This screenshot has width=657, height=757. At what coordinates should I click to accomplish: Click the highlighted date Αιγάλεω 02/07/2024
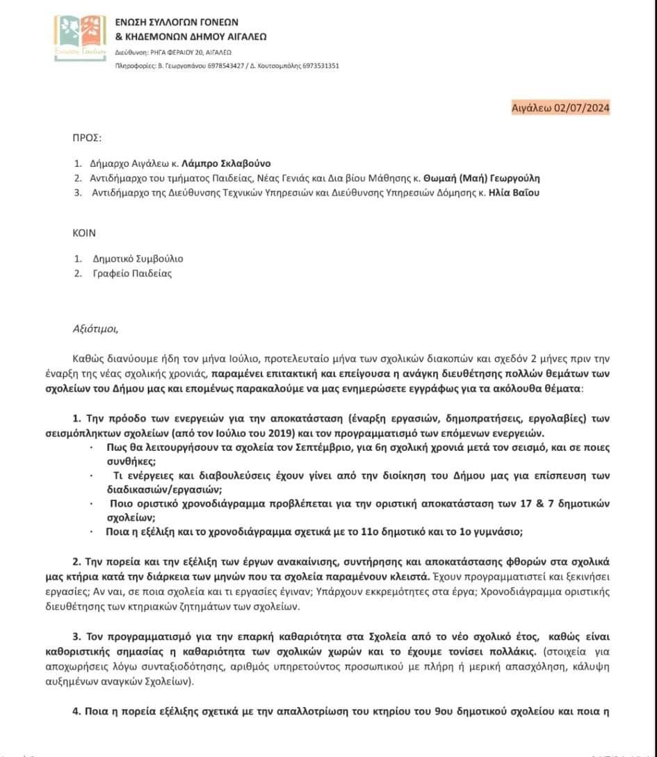pyautogui.click(x=560, y=107)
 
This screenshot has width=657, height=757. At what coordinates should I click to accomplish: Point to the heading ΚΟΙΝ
pyautogui.click(x=85, y=233)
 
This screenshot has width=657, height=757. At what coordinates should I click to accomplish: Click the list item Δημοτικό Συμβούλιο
pyautogui.click(x=128, y=259)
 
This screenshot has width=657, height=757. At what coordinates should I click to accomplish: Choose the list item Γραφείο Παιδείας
pyautogui.click(x=122, y=273)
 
